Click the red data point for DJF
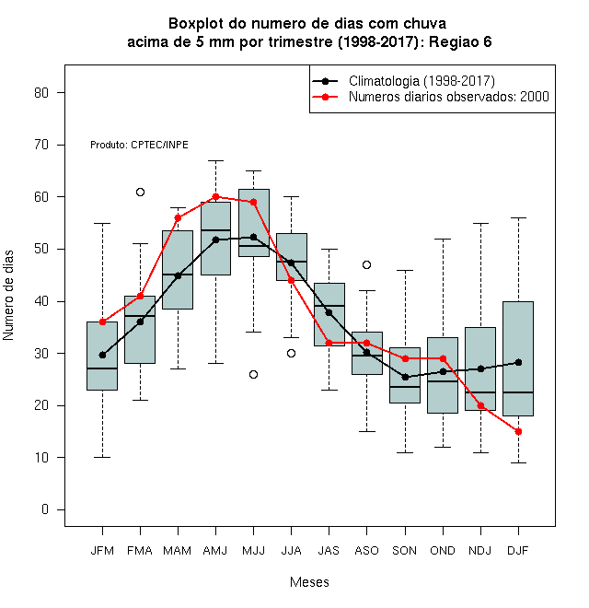[x=518, y=431]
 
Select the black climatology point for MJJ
[x=253, y=237]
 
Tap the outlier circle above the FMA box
[x=140, y=192]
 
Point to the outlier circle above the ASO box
[x=366, y=264]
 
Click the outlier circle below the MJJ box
[x=253, y=374]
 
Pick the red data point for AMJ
[x=216, y=196]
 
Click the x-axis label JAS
[x=329, y=551]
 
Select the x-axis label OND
[x=443, y=551]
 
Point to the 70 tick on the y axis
[x=61, y=145]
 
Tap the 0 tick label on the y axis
[x=45, y=509]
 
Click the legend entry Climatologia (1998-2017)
[x=422, y=81]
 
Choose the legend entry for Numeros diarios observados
[x=449, y=97]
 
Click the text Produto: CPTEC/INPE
[x=139, y=145]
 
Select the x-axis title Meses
[x=309, y=582]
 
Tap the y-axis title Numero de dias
[x=8, y=296]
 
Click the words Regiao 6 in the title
[x=460, y=41]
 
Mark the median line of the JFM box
[x=102, y=368]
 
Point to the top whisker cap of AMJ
[x=216, y=160]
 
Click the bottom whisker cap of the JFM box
[x=102, y=458]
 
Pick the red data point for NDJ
[x=481, y=405]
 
